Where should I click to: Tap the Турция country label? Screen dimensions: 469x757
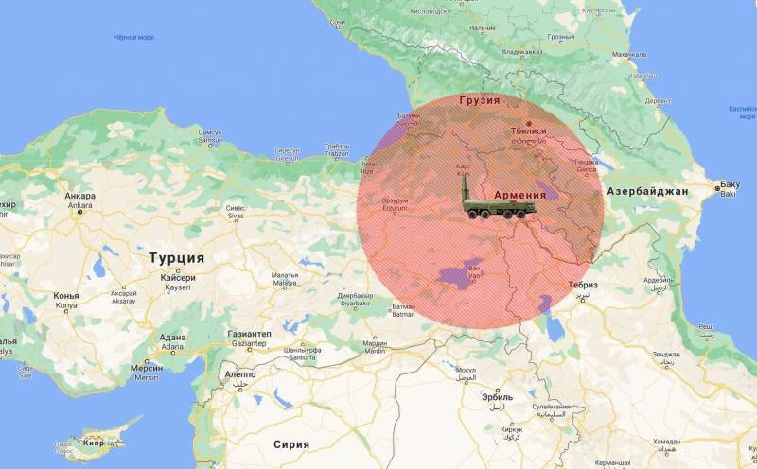point(176,257)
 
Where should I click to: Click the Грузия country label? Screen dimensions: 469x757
point(479,99)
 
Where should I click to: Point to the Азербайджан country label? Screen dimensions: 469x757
point(647,191)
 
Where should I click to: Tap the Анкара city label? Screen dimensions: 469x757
point(79,197)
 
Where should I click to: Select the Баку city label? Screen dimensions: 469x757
point(729,183)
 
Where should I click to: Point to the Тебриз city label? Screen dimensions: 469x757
point(583,285)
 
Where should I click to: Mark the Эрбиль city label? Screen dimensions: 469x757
point(498,397)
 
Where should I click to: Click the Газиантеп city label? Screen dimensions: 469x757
point(249,335)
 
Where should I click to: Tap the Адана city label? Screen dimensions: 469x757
point(172,337)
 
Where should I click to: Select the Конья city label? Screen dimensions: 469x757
point(66,296)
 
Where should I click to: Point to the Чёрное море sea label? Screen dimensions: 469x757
point(133,38)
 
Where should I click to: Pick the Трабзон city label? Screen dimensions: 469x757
point(336,146)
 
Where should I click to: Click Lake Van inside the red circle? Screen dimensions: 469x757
point(457,277)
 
